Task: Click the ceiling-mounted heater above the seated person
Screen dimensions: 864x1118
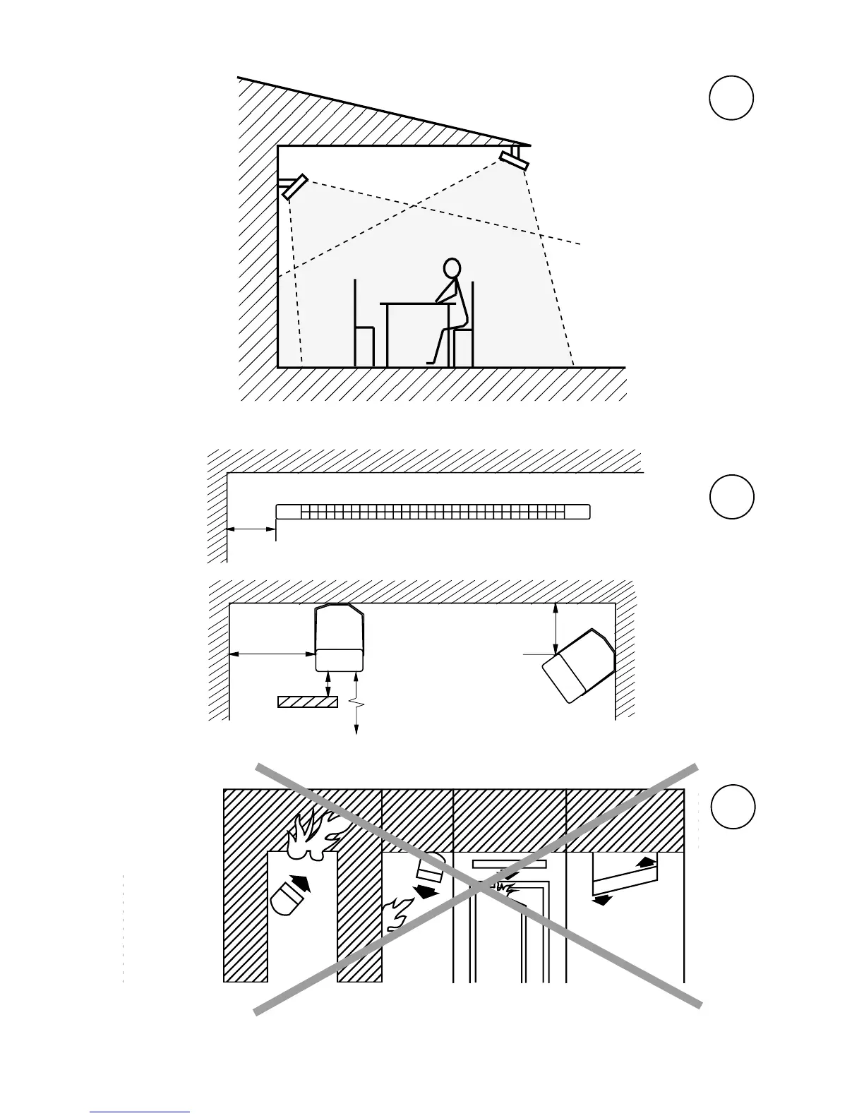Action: pyautogui.click(x=514, y=160)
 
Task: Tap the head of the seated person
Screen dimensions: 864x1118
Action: pyautogui.click(x=452, y=269)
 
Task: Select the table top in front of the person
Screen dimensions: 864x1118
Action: pyautogui.click(x=416, y=303)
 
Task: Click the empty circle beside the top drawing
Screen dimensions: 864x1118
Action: pyautogui.click(x=731, y=97)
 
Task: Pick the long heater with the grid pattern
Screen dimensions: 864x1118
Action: pyautogui.click(x=433, y=511)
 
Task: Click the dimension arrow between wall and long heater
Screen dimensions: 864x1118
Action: pyautogui.click(x=251, y=528)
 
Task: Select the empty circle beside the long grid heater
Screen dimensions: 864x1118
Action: pyautogui.click(x=731, y=497)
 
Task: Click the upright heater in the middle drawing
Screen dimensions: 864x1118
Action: pyautogui.click(x=340, y=637)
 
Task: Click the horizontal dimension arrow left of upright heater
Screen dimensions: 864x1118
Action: pyautogui.click(x=272, y=654)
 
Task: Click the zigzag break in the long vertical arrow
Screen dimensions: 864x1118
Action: pyautogui.click(x=357, y=704)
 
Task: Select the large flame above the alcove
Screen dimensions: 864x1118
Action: pyautogui.click(x=312, y=833)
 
